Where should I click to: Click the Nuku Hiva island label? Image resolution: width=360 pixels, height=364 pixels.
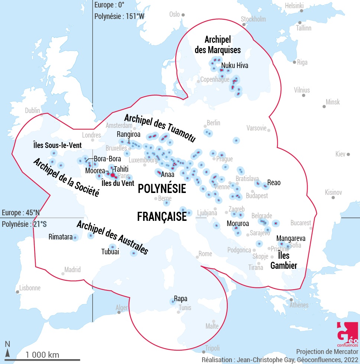(234, 66)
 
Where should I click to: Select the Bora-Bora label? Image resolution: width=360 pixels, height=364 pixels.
(107, 159)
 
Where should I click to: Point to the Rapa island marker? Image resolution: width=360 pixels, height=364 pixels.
(173, 302)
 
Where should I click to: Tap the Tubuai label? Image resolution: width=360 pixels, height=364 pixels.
(110, 252)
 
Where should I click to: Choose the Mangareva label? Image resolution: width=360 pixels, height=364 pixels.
(291, 238)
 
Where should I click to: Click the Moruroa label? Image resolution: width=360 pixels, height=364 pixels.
(238, 224)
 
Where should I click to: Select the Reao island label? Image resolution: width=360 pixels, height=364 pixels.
(273, 183)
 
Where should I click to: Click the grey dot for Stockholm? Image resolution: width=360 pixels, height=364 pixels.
(244, 25)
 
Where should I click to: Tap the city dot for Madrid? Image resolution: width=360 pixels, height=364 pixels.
(63, 274)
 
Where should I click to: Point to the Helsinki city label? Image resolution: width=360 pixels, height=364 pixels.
(294, 6)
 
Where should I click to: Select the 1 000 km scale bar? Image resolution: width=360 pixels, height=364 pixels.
(43, 360)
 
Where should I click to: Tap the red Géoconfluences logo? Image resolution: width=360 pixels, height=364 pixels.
(347, 335)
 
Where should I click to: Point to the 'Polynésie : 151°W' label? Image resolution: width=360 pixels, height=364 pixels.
(119, 16)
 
